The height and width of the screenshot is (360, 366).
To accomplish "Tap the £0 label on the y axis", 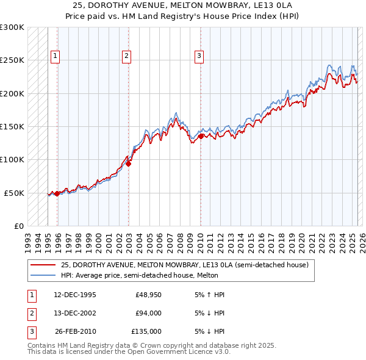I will pyautogui.click(x=19, y=226).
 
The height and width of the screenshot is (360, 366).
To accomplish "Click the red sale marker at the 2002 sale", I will pyautogui.click(x=129, y=164).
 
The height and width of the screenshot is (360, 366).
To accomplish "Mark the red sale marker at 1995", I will pyautogui.click(x=57, y=193).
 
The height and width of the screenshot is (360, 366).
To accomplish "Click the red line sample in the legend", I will pyautogui.click(x=43, y=265).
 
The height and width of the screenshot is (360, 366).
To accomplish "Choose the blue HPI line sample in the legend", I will pyautogui.click(x=43, y=275).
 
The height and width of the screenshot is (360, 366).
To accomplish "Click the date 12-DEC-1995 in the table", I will pyautogui.click(x=75, y=295).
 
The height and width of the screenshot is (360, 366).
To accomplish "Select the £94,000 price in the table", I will pyautogui.click(x=148, y=313).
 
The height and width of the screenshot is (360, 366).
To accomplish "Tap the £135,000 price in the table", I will pyautogui.click(x=146, y=331).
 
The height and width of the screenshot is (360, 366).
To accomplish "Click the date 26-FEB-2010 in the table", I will pyautogui.click(x=75, y=331).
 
